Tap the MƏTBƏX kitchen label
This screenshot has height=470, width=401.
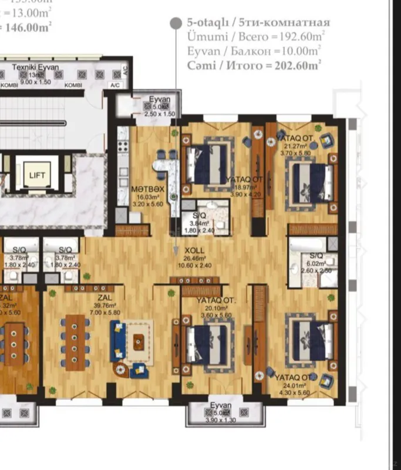[147, 189]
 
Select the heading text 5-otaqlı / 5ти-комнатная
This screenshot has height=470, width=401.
[258, 22]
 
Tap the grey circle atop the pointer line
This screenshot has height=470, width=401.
[175, 23]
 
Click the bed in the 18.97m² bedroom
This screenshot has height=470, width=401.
[207, 165]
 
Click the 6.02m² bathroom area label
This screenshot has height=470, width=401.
[316, 264]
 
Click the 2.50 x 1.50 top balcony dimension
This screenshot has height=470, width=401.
[160, 113]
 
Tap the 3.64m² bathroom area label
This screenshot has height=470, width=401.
[200, 223]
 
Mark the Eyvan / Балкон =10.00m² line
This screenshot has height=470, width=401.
[253, 51]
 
